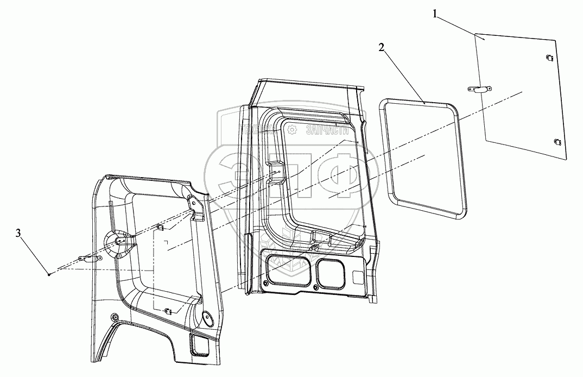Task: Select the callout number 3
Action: pyautogui.click(x=18, y=234)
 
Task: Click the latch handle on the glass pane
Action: pyautogui.click(x=477, y=90)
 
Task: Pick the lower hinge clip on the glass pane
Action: pyautogui.click(x=556, y=142)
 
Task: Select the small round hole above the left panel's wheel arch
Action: pyautogui.click(x=114, y=317)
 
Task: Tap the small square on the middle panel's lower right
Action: pyautogui.click(x=358, y=277)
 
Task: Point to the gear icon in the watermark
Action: pyautogui.click(x=291, y=129)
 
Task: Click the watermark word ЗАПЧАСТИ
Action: pyautogui.click(x=327, y=129)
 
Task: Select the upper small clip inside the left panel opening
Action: pyautogui.click(x=161, y=227)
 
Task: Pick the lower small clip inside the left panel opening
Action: pyautogui.click(x=168, y=311)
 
